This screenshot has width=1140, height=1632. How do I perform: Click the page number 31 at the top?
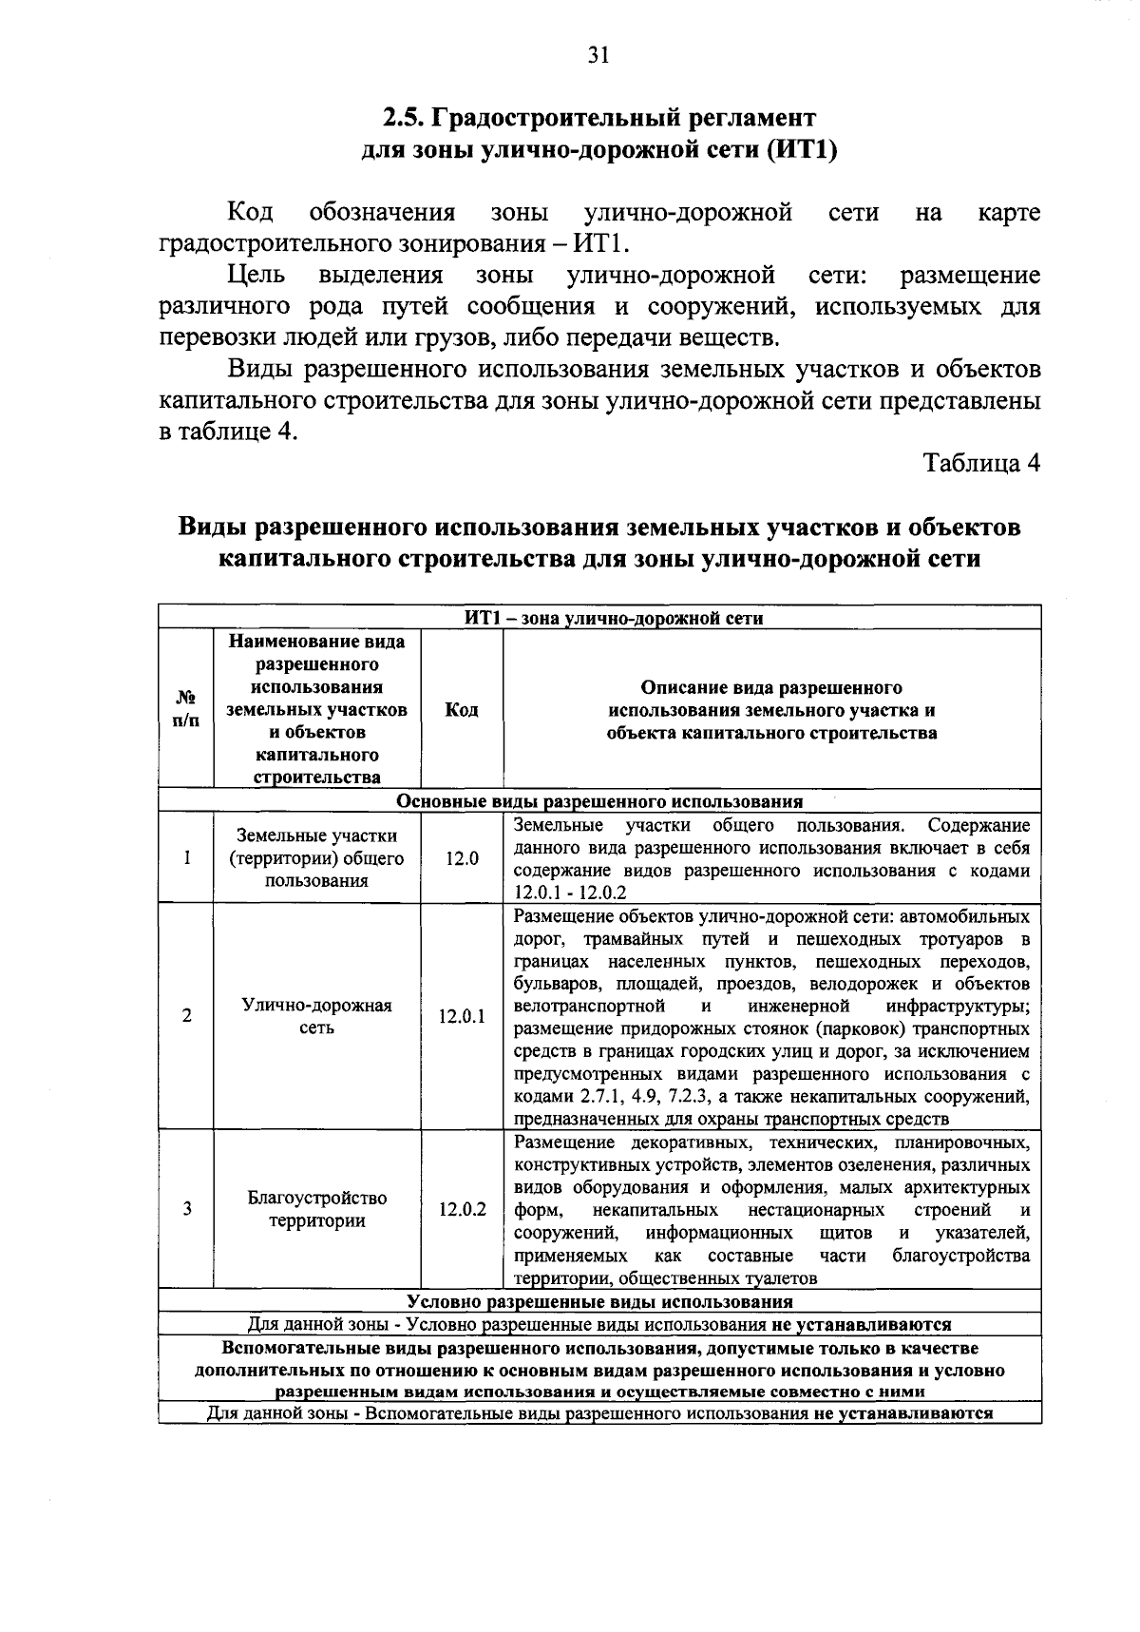click(598, 55)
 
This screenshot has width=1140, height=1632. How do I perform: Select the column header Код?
click(461, 710)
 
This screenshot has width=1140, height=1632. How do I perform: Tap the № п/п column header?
click(186, 710)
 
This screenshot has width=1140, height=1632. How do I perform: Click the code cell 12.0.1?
click(461, 1016)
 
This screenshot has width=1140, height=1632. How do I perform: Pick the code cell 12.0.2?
click(461, 1210)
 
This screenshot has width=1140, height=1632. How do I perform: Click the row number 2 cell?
click(186, 1016)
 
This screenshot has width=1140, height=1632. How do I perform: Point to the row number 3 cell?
click(186, 1210)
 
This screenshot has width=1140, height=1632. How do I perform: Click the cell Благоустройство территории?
click(316, 1209)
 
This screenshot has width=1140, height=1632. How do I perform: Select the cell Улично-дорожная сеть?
click(316, 1016)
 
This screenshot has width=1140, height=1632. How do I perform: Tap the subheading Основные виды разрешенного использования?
click(599, 801)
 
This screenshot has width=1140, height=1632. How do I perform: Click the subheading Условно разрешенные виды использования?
click(599, 1301)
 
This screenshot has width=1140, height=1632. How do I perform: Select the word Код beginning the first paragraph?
click(251, 213)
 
